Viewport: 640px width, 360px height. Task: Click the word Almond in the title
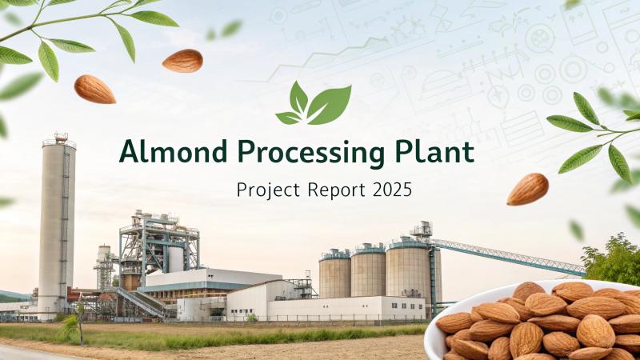point(173,151)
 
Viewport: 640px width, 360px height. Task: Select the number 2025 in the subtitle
point(392,190)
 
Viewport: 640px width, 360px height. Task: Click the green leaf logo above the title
point(314,103)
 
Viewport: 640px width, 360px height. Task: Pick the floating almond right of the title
point(528,189)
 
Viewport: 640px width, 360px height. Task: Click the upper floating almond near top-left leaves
point(182,61)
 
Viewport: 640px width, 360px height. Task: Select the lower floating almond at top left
point(94,89)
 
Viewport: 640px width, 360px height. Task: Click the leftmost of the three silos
point(334,274)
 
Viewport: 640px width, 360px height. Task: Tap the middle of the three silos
point(368,270)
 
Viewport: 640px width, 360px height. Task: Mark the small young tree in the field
point(77,322)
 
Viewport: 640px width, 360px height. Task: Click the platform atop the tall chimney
point(59,142)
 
